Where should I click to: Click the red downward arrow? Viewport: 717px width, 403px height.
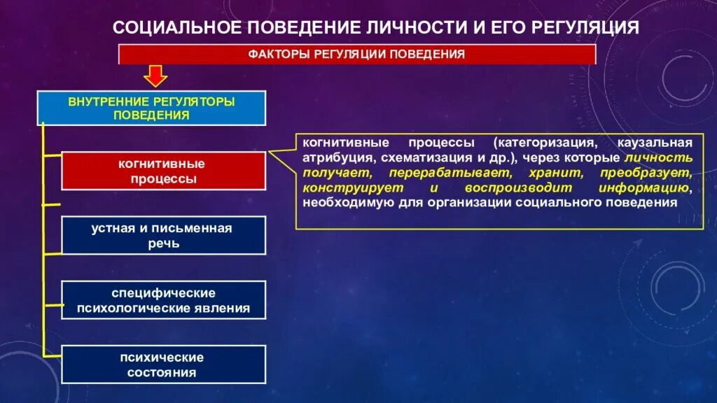coord(155,76)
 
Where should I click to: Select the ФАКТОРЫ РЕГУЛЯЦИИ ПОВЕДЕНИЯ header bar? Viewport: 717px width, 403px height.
coord(357,54)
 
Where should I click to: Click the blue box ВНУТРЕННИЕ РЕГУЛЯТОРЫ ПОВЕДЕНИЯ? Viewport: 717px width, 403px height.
coord(151,108)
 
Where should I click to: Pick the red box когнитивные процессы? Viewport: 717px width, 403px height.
coord(163,171)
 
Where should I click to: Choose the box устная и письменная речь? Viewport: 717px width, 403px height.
coord(163,236)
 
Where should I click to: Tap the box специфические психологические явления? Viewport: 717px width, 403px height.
coord(163,300)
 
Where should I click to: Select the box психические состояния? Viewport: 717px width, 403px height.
coord(163,365)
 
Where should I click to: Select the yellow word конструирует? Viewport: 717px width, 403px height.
coord(344,188)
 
